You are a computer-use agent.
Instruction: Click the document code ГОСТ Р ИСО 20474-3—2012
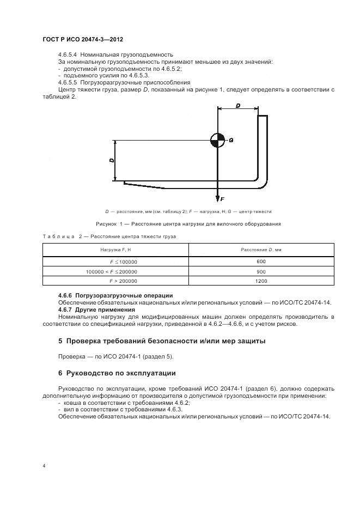[85, 40]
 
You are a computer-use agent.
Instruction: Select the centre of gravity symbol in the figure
[217, 140]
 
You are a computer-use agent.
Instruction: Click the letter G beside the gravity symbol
[231, 141]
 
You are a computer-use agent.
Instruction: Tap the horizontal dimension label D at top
[238, 106]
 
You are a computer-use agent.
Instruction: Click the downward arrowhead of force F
[217, 197]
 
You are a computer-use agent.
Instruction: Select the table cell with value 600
[260, 262]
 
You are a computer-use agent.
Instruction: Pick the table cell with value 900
[260, 271]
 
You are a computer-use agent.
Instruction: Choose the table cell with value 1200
[260, 281]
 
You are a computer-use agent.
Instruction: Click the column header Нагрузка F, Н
[115, 250]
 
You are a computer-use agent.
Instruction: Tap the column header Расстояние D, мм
[260, 250]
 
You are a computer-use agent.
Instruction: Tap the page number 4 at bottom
[44, 466]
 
